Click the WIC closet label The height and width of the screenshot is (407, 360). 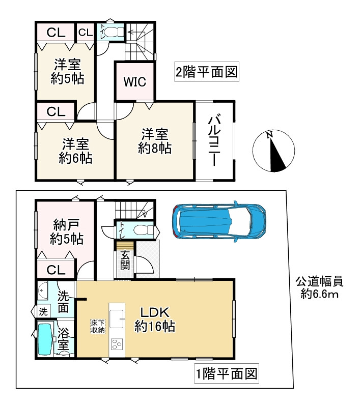(134, 82)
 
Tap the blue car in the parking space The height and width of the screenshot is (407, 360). (219, 221)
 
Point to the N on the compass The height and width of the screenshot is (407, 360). (269, 135)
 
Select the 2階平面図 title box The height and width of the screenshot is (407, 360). (207, 72)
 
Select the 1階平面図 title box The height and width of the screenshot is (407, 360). (227, 374)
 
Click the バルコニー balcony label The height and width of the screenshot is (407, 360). (214, 141)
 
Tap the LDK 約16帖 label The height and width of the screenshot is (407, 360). (155, 319)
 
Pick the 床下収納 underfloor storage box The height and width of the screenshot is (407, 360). (98, 327)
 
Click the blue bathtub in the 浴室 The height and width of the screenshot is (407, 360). (45, 339)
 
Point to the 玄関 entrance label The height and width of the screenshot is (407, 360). (125, 260)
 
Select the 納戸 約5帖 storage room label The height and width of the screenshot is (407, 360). (67, 232)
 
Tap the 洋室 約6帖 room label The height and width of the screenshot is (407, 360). (75, 151)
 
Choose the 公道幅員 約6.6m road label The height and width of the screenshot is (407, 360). (319, 288)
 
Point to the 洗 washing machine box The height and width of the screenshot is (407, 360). (43, 312)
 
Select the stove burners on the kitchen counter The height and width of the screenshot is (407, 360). (117, 344)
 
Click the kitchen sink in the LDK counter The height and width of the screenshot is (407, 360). (117, 318)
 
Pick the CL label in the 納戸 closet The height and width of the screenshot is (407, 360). (56, 270)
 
